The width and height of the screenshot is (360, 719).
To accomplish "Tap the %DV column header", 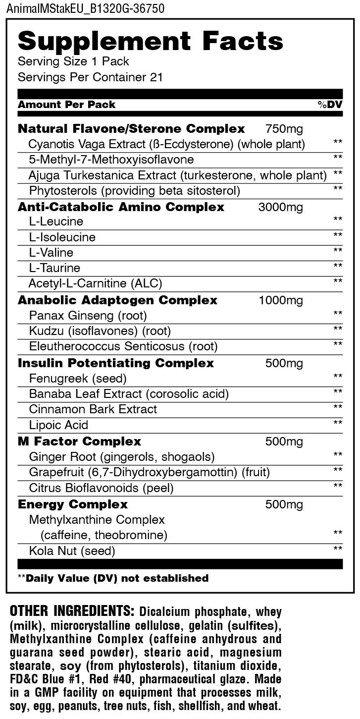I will click(330, 105).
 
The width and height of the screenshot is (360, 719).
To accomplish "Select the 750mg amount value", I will click(284, 129).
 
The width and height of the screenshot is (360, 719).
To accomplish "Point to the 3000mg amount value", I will click(280, 207).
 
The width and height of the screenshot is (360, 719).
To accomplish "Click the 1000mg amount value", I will click(281, 300).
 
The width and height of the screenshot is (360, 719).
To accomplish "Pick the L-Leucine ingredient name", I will click(56, 221).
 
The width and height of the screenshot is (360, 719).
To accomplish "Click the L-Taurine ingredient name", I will click(54, 268).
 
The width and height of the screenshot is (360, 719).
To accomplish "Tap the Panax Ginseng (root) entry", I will click(88, 315).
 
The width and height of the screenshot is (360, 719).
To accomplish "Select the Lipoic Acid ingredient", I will click(58, 425).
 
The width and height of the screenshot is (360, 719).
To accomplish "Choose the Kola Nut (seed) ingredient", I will click(72, 551).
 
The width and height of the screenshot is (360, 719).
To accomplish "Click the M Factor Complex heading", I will click(79, 441).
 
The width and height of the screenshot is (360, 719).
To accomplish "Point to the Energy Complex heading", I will click(73, 504).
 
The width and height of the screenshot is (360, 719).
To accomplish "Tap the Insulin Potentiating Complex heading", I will click(116, 363).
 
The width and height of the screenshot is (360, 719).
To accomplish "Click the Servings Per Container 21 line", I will click(90, 77).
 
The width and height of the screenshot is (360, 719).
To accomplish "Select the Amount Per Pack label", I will click(66, 105).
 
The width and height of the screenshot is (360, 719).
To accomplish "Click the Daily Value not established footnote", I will click(113, 578).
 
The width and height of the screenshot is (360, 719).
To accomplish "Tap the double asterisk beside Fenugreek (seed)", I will click(338, 377).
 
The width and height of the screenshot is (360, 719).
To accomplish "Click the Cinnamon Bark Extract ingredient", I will click(93, 409).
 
